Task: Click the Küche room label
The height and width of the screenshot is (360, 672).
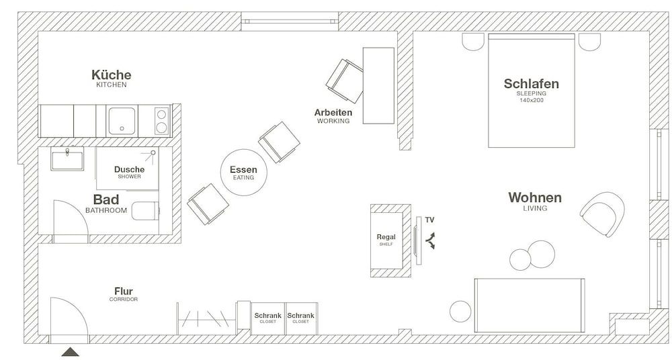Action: tap(112, 75)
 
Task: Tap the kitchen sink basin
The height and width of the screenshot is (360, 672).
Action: tap(122, 122)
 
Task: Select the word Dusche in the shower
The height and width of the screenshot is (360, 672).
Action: tap(129, 169)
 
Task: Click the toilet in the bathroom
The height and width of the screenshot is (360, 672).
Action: tap(144, 210)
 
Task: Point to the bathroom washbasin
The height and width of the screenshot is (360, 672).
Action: tap(67, 160)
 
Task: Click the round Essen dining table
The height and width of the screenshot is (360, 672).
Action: tap(243, 172)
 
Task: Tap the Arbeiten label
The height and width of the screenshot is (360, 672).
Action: tap(333, 112)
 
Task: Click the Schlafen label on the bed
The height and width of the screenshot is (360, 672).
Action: tap(532, 84)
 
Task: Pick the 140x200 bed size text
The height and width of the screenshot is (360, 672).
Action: tap(532, 100)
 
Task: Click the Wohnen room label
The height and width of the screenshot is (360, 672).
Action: tap(535, 198)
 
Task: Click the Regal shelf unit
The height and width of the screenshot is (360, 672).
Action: tap(386, 240)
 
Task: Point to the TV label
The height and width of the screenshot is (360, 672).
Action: tap(429, 220)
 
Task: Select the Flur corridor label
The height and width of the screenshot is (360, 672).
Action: tap(123, 291)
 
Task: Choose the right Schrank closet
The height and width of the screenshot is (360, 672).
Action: tap(300, 316)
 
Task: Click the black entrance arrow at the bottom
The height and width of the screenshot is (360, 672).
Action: tap(70, 352)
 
